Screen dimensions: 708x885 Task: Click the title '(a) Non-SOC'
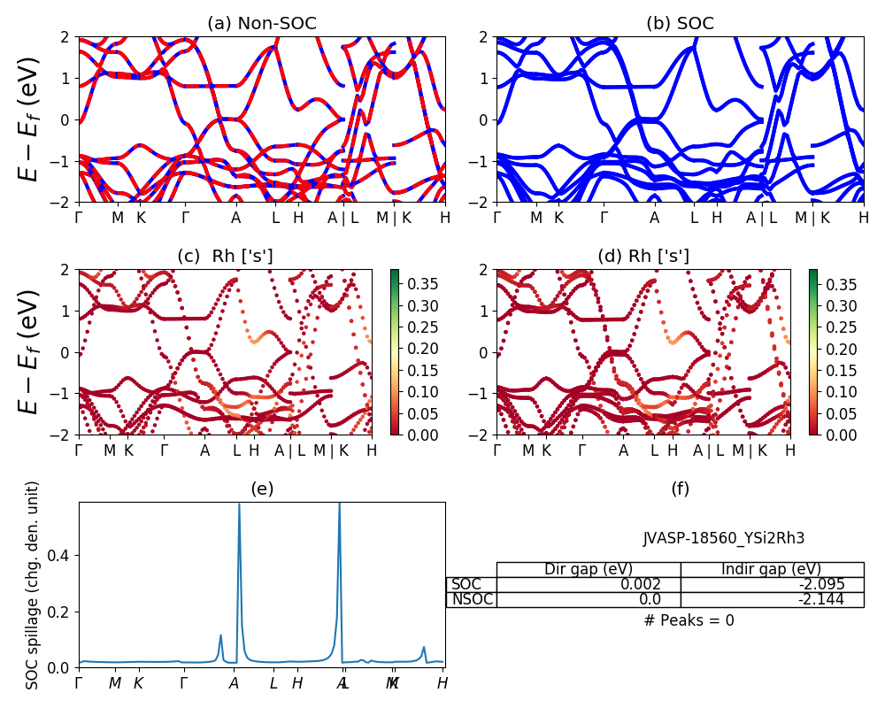point(261,23)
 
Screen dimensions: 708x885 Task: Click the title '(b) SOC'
point(681,23)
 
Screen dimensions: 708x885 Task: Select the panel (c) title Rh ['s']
point(225,256)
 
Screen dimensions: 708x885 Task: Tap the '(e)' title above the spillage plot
point(262,489)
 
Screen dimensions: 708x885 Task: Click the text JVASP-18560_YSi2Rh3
point(724,537)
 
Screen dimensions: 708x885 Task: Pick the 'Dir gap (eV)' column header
point(589,569)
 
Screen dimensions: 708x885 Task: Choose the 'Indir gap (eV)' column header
point(772,569)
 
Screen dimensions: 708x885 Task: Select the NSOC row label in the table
point(472,599)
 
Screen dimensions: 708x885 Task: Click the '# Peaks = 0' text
point(689,620)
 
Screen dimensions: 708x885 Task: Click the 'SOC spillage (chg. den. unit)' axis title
point(33,585)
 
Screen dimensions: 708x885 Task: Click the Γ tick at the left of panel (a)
point(79,217)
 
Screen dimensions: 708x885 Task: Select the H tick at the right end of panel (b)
point(863,217)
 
